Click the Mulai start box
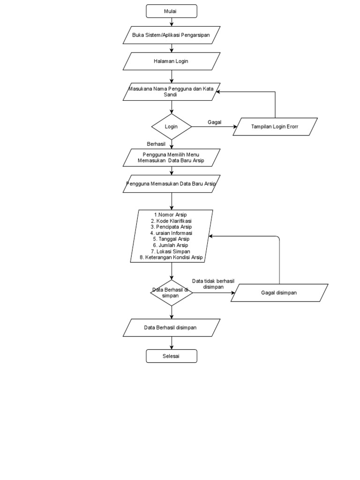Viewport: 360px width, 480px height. [x=172, y=11]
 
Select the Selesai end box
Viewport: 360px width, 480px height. [x=172, y=356]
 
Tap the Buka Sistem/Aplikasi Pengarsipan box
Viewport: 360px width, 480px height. [x=172, y=35]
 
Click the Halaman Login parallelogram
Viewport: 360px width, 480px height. [x=172, y=61]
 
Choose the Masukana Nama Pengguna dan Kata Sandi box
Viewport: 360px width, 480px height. [x=172, y=91]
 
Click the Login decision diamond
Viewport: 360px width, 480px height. [x=172, y=127]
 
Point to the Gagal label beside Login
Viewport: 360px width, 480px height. [x=214, y=122]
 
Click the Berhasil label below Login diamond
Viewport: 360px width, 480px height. [x=157, y=144]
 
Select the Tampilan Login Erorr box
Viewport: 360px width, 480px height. [x=275, y=127]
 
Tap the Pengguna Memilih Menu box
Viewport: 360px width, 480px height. [x=172, y=157]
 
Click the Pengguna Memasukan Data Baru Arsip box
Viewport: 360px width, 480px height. [x=172, y=184]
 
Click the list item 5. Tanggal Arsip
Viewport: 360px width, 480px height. [x=171, y=239]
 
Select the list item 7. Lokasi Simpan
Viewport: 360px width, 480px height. [x=171, y=251]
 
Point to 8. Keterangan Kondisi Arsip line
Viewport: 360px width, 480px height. [x=171, y=257]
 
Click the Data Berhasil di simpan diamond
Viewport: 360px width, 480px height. [x=172, y=292]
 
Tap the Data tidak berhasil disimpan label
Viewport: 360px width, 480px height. [x=213, y=284]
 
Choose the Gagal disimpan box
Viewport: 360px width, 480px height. [x=279, y=293]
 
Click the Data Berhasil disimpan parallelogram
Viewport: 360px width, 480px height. [x=172, y=328]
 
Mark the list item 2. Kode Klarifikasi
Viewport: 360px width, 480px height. [x=171, y=221]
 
